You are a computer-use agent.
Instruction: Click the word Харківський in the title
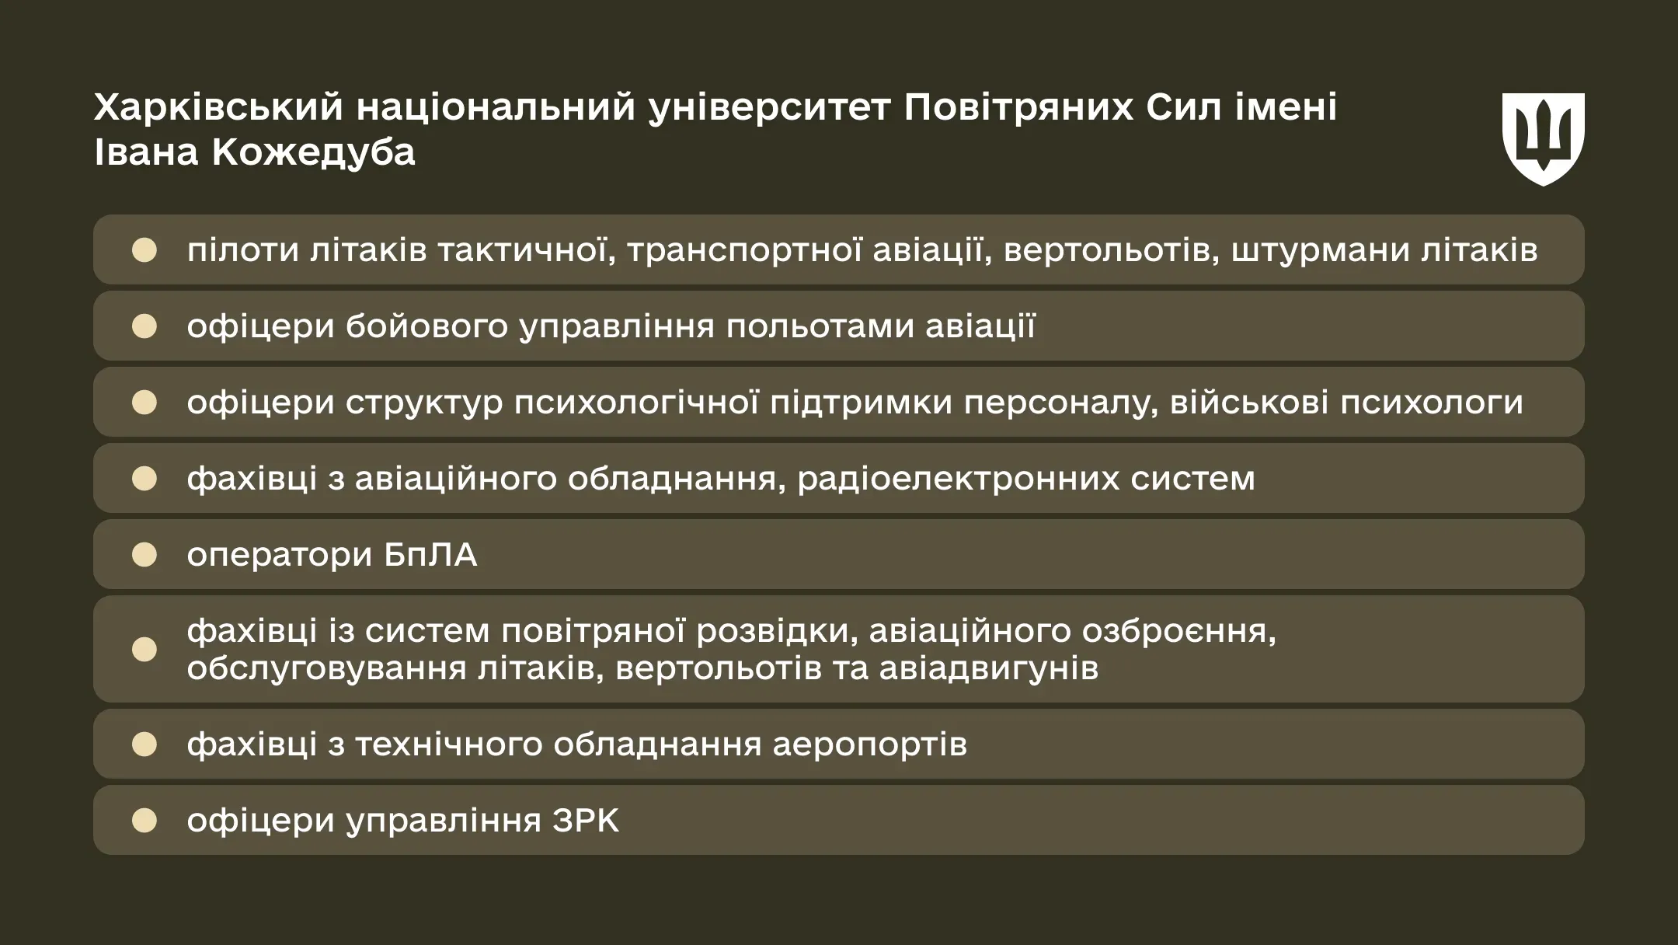point(218,107)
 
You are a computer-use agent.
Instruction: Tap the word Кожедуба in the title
point(313,152)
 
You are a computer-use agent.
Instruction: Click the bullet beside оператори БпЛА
point(144,555)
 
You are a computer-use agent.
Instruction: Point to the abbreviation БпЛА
point(430,555)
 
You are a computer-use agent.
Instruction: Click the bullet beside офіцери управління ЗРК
point(144,821)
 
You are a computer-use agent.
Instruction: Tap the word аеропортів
point(869,744)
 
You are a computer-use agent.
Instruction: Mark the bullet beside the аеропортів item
point(144,744)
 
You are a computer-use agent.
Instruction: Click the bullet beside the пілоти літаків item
point(144,250)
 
